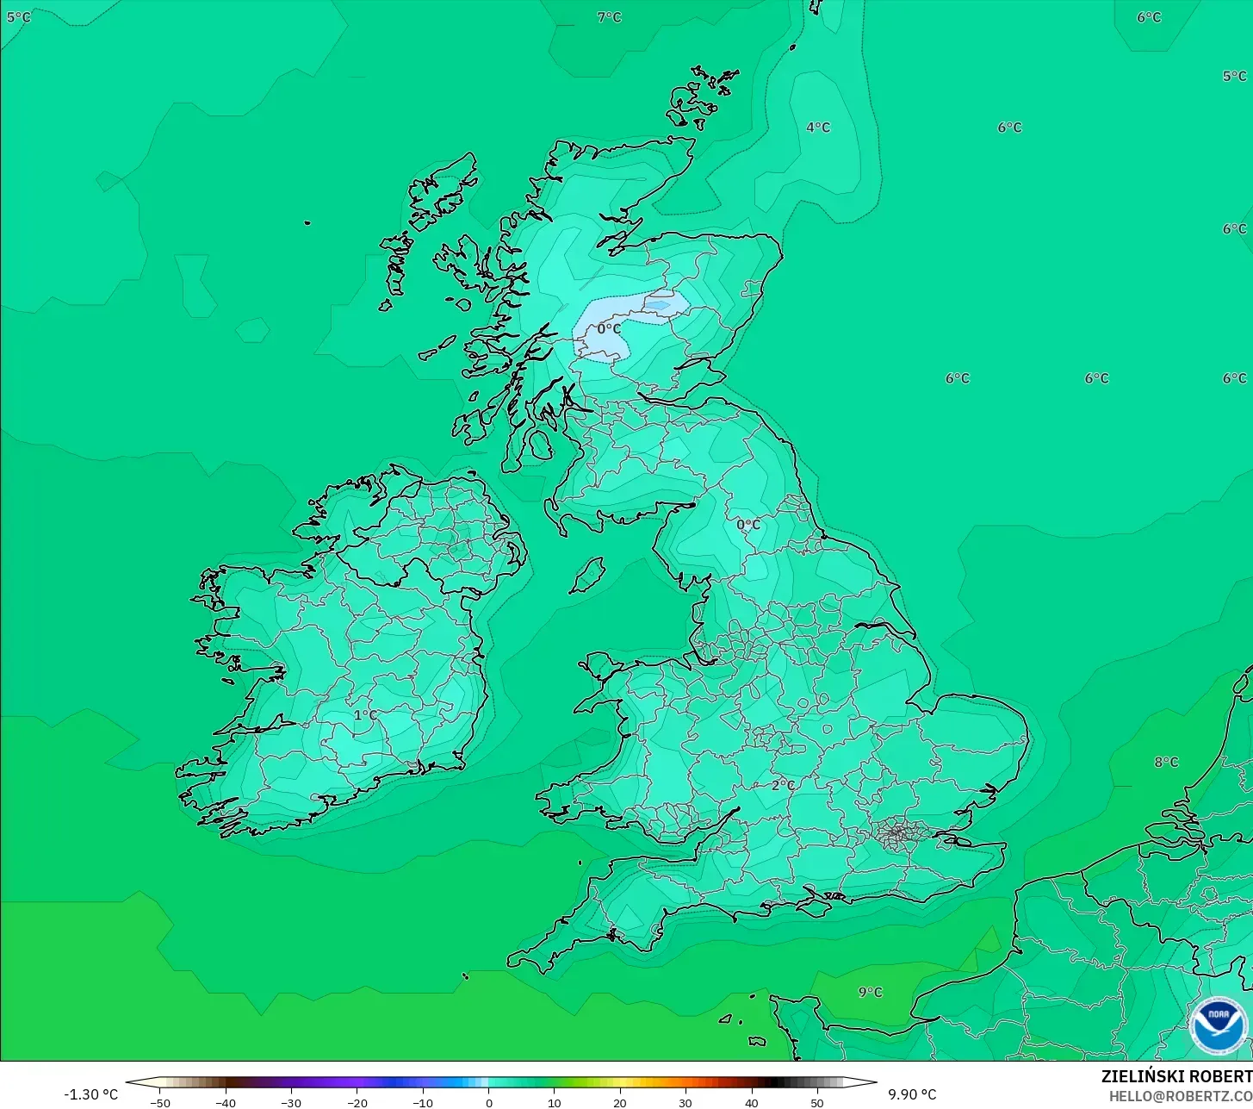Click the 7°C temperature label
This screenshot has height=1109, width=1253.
pyautogui.click(x=609, y=17)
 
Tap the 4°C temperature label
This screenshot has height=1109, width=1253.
pyautogui.click(x=818, y=128)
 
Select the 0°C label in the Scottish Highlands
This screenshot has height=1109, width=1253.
pyautogui.click(x=609, y=329)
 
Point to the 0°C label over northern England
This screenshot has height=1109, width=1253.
pyautogui.click(x=748, y=524)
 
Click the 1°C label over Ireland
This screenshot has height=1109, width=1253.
pyautogui.click(x=365, y=715)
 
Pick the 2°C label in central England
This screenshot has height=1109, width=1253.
pyautogui.click(x=783, y=785)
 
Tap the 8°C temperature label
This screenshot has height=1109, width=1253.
pyautogui.click(x=1166, y=763)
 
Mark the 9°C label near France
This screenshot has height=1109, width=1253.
pyautogui.click(x=870, y=992)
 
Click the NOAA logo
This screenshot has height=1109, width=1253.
pyautogui.click(x=1218, y=1025)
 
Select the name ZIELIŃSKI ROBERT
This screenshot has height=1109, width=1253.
pyautogui.click(x=1176, y=1076)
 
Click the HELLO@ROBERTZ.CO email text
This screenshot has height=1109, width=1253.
pyautogui.click(x=1180, y=1096)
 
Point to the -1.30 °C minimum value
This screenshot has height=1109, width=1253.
pyautogui.click(x=90, y=1094)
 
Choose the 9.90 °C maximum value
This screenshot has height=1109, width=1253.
pyautogui.click(x=912, y=1094)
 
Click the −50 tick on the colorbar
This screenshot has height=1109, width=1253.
pyautogui.click(x=160, y=1102)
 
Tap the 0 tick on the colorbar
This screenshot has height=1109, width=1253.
pyautogui.click(x=488, y=1102)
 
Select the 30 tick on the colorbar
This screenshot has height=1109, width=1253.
pyautogui.click(x=685, y=1102)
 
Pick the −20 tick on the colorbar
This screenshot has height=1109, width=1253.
pyautogui.click(x=357, y=1102)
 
